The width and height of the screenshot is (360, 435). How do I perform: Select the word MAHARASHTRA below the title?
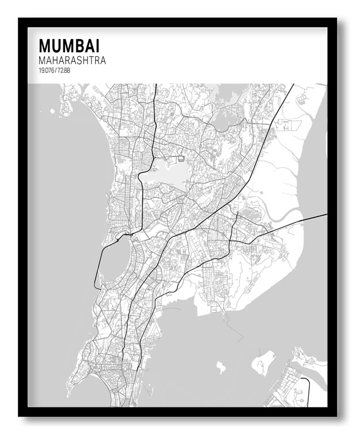72,60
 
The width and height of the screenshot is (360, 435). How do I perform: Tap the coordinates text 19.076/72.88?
55,70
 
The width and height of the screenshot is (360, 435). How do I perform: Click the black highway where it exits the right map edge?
324,215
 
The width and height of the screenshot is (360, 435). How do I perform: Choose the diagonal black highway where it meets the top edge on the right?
292,86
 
